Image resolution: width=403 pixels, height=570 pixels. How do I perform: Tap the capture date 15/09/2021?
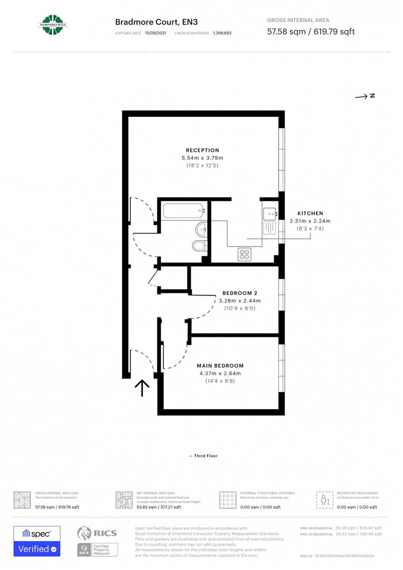click(x=155, y=33)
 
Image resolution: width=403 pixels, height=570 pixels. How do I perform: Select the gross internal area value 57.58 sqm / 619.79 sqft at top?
click(x=311, y=32)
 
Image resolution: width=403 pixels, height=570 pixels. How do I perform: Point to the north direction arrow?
click(x=364, y=96)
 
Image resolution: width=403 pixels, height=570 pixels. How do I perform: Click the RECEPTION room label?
click(x=202, y=150)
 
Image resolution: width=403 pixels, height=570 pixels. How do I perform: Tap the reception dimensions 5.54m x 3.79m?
click(x=202, y=158)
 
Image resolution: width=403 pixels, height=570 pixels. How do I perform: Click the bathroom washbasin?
click(x=201, y=229)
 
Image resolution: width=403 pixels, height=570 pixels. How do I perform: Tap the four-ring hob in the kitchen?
click(x=244, y=254)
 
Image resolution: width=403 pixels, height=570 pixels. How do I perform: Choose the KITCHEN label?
click(x=310, y=213)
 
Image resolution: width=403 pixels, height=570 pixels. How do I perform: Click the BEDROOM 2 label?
click(x=240, y=293)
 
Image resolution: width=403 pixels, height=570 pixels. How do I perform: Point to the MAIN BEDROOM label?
click(x=220, y=366)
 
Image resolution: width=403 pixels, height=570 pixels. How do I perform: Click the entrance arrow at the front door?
click(x=142, y=388)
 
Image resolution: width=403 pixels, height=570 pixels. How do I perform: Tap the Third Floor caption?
click(x=203, y=455)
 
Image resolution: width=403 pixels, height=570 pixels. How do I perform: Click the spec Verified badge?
click(x=36, y=541)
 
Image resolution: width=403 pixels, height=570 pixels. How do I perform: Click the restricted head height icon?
click(x=323, y=499)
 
